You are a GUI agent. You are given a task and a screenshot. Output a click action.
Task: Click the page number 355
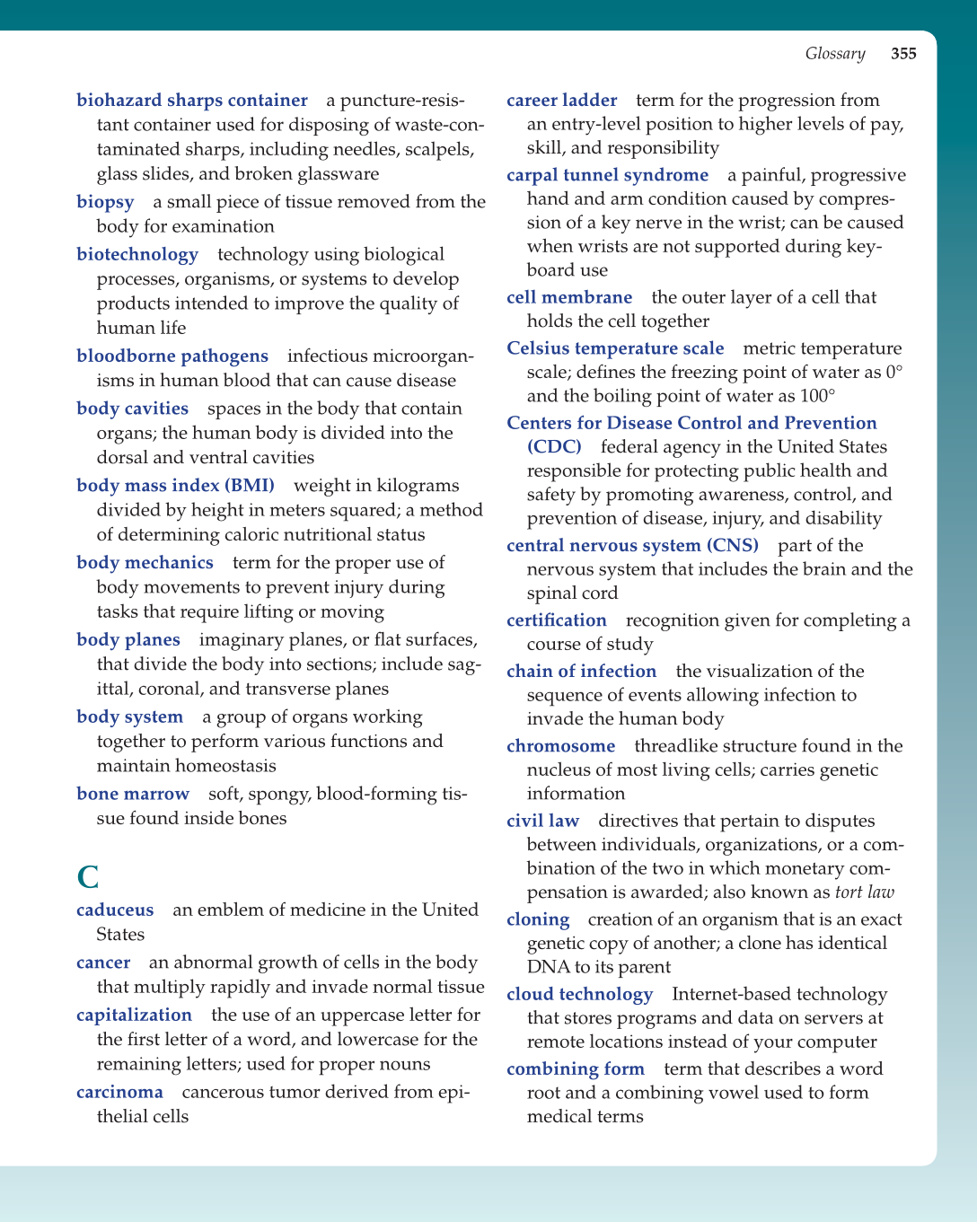903,54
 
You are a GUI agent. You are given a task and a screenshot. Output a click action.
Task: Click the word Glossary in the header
834,54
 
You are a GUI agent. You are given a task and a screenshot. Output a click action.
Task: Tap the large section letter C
88,876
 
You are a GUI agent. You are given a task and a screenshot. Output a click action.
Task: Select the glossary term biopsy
105,202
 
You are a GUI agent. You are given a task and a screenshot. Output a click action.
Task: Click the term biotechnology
137,255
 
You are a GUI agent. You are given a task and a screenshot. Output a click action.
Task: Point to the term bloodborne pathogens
172,356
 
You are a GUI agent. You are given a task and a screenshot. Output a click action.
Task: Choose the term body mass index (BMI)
175,486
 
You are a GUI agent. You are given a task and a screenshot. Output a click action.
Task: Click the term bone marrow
133,794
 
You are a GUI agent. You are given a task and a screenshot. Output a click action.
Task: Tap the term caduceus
115,910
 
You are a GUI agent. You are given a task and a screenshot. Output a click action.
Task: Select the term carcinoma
119,1093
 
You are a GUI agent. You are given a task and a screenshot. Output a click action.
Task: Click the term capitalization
134,1015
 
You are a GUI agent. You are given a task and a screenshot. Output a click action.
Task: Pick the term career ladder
561,101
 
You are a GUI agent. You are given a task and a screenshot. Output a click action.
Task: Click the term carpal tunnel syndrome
607,175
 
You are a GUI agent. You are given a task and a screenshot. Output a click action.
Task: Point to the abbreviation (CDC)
554,447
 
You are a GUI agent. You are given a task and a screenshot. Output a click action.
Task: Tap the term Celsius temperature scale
615,348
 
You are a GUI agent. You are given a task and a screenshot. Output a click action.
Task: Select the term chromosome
560,746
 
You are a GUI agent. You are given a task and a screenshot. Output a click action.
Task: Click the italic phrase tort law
864,892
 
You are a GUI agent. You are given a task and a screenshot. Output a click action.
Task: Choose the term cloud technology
579,995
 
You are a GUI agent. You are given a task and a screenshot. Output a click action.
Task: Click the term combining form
575,1069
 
